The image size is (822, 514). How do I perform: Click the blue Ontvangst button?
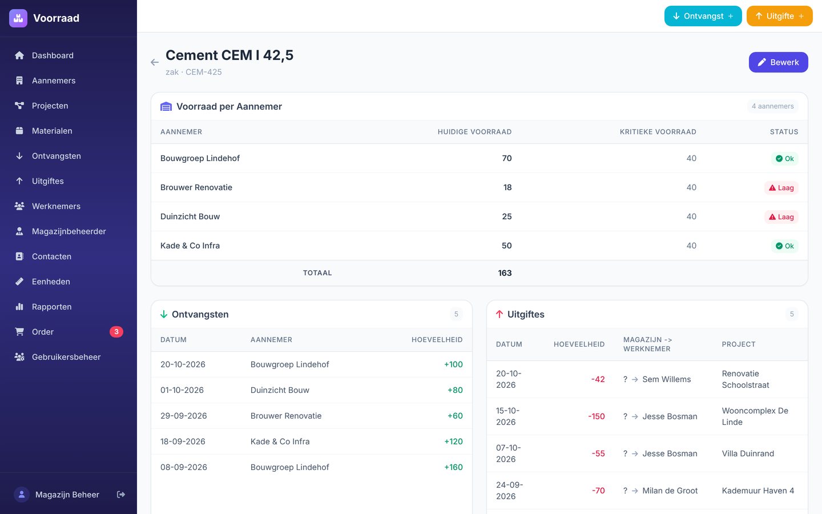click(x=703, y=16)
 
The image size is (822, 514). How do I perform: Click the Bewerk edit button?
click(x=778, y=62)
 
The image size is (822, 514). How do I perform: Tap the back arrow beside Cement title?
click(x=155, y=62)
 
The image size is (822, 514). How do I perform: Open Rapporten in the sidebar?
click(x=52, y=307)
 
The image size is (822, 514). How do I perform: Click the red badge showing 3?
click(x=116, y=332)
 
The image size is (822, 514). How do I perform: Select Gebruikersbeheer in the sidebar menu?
click(x=66, y=357)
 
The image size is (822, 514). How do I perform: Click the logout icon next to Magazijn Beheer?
click(x=121, y=495)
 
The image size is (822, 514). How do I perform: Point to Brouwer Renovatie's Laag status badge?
click(x=781, y=187)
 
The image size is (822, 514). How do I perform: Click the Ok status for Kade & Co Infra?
click(x=784, y=246)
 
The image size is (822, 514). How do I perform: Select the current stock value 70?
click(x=506, y=158)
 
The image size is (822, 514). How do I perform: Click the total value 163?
click(x=505, y=273)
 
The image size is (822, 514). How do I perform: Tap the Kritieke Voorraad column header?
click(x=658, y=132)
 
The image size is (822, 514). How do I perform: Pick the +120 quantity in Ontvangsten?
click(x=453, y=441)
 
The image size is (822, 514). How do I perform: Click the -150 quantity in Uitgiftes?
click(x=597, y=416)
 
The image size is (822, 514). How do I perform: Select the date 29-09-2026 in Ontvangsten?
click(x=183, y=416)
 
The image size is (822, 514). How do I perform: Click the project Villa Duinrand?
click(x=748, y=453)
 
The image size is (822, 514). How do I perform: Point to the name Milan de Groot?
click(x=670, y=491)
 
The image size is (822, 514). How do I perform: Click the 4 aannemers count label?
click(x=772, y=106)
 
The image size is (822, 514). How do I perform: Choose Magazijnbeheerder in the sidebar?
click(x=68, y=231)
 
